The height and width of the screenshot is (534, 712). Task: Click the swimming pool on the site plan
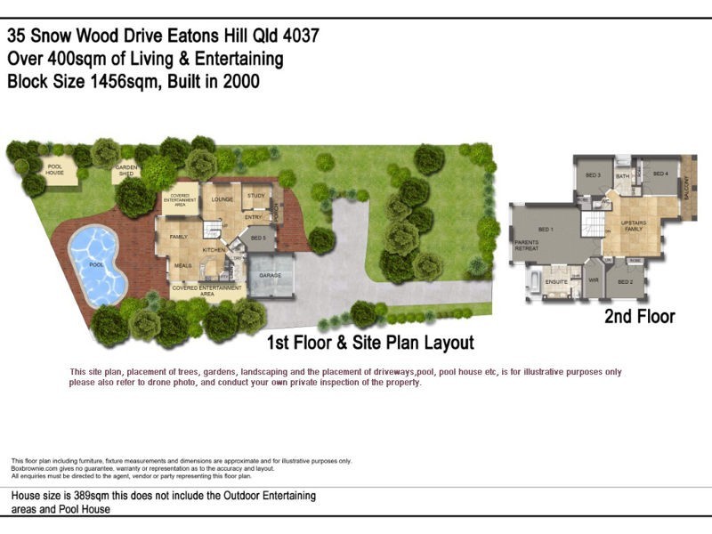(97, 263)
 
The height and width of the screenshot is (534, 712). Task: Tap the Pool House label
(55, 169)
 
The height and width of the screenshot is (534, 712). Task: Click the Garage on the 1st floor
(271, 276)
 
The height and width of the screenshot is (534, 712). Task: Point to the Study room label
(256, 195)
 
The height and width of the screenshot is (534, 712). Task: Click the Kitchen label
(214, 250)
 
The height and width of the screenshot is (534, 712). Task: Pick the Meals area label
(183, 265)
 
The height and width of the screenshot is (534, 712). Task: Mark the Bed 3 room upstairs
(593, 175)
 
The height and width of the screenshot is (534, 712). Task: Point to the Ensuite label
(556, 281)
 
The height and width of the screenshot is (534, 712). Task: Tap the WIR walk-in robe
(594, 283)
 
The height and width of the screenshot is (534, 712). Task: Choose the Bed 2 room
(625, 282)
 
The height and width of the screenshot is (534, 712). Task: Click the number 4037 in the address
(298, 36)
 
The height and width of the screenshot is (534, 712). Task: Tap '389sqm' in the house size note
(90, 496)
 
